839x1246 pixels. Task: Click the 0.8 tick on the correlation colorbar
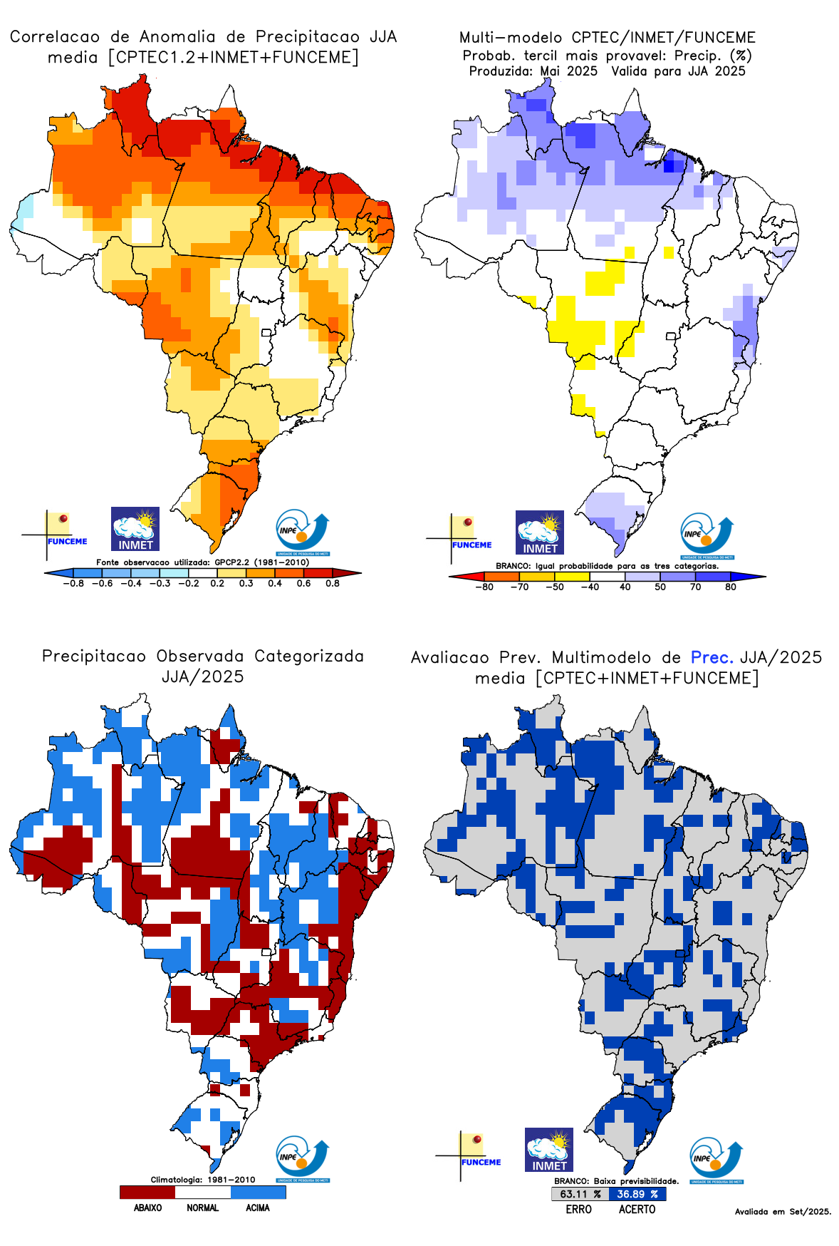[333, 583]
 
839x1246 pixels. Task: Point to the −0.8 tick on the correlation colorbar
[73, 583]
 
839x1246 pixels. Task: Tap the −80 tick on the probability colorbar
[484, 587]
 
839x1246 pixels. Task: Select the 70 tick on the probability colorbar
[695, 587]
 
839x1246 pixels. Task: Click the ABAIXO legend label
[147, 1208]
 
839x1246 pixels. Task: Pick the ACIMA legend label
[258, 1208]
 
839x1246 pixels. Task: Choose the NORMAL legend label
[203, 1208]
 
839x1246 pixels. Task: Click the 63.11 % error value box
[580, 1194]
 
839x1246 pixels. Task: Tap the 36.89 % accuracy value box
[637, 1194]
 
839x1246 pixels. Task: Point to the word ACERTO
[637, 1209]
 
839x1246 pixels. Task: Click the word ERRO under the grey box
[579, 1209]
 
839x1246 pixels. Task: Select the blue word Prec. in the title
[712, 657]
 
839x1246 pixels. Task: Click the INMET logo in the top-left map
[135, 529]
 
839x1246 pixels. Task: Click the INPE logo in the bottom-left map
[303, 1159]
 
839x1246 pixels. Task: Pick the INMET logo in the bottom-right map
[549, 1150]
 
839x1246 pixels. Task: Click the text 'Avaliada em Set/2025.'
[783, 1211]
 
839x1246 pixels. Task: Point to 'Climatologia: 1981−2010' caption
[203, 1180]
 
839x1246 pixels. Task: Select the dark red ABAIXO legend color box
[147, 1192]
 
